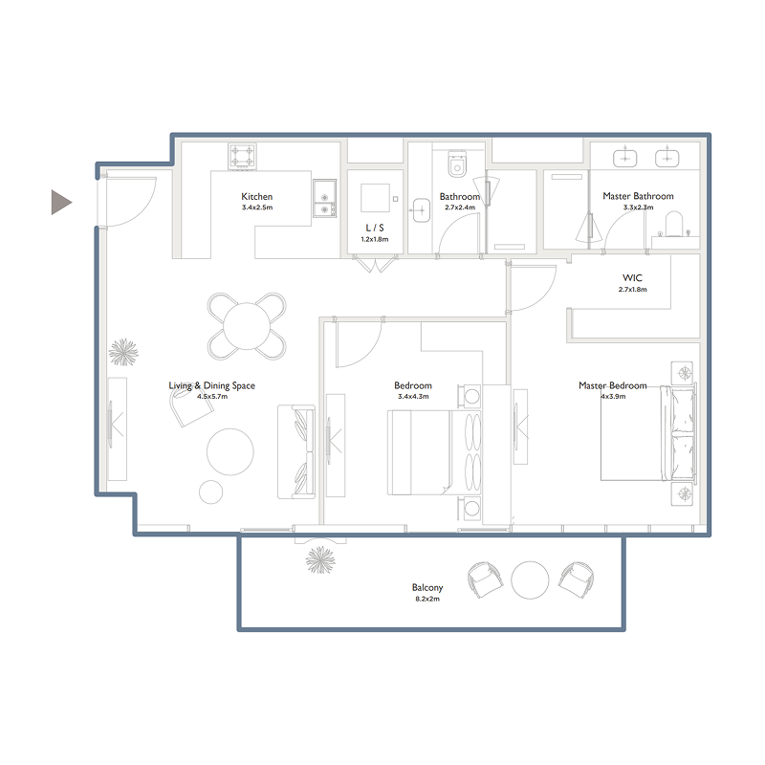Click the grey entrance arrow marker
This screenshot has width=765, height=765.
pyautogui.click(x=60, y=202)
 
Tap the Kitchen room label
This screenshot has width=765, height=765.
pyautogui.click(x=257, y=197)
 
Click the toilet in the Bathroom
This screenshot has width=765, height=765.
pyautogui.click(x=456, y=164)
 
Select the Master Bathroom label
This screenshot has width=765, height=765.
pyautogui.click(x=638, y=196)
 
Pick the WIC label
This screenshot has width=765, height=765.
pyautogui.click(x=633, y=278)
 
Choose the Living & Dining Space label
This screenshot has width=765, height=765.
pyautogui.click(x=212, y=385)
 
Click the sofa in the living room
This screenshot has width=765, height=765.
pyautogui.click(x=295, y=451)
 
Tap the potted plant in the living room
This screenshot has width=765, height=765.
pyautogui.click(x=124, y=353)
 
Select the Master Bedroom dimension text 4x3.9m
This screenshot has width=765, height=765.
pyautogui.click(x=612, y=396)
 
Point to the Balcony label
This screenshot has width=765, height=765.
pyautogui.click(x=427, y=588)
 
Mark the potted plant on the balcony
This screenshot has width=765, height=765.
pyautogui.click(x=319, y=557)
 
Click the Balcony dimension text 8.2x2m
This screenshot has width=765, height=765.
pyautogui.click(x=427, y=599)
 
